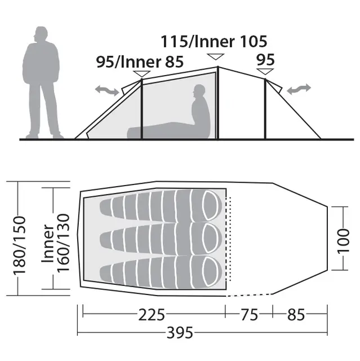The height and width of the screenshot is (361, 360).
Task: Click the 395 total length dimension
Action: tap(180, 333)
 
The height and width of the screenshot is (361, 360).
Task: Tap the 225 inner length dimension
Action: tap(152, 315)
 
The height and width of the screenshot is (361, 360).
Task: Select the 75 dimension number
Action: tap(250, 315)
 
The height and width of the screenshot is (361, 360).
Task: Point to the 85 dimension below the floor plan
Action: tap(296, 315)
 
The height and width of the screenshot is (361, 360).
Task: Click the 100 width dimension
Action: tap(343, 241)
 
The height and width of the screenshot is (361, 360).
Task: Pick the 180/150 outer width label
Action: tap(19, 246)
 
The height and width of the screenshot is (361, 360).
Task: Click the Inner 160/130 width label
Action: tap(56, 243)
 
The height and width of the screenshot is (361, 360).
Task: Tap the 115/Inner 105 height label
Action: tap(214, 42)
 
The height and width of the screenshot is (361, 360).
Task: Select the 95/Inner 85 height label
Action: tap(140, 61)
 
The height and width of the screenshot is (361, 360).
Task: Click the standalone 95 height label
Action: tap(265, 60)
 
